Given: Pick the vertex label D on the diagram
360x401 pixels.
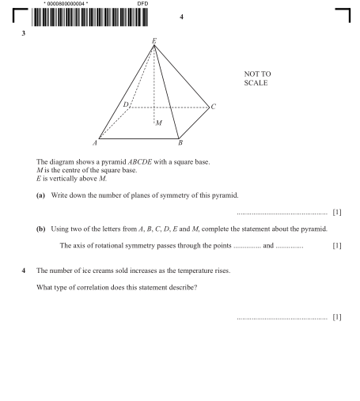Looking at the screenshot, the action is [125, 104].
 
